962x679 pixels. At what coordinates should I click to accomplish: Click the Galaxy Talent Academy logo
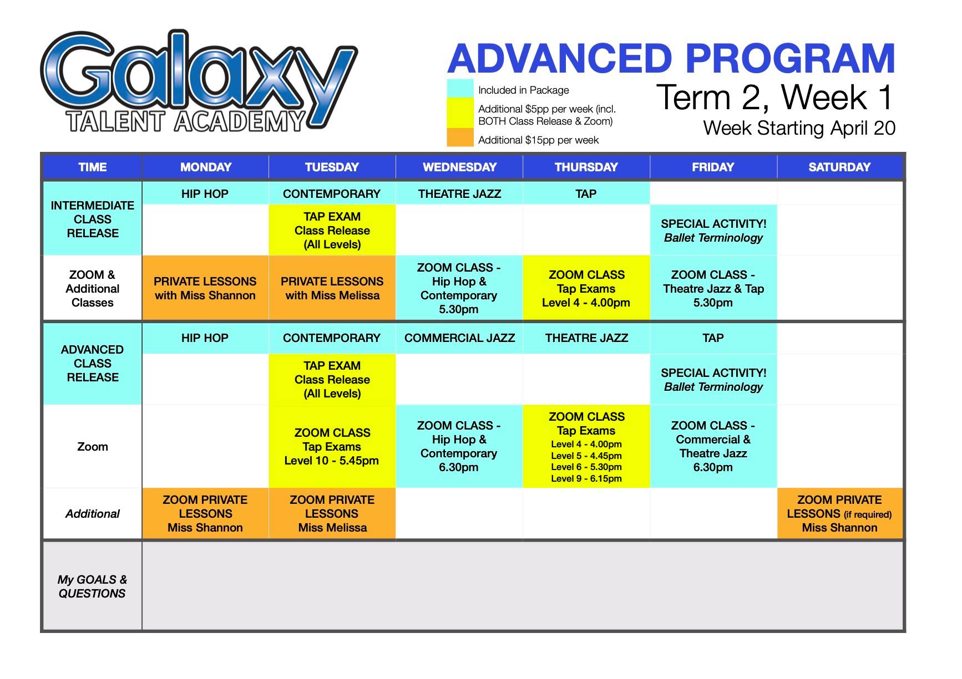(199, 81)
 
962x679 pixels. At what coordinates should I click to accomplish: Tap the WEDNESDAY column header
(459, 167)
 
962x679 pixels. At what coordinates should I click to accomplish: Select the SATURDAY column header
(839, 167)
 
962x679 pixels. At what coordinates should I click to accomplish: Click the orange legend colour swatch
(460, 138)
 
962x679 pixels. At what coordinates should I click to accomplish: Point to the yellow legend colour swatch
(460, 114)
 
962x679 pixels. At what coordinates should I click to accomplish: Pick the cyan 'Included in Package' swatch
(460, 89)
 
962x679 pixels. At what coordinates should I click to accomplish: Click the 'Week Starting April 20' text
(799, 128)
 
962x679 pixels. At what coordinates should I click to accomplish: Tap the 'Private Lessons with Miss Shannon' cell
(205, 288)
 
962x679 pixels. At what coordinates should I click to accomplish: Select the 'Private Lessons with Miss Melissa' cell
(332, 288)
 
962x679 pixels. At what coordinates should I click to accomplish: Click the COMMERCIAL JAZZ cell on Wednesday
(459, 338)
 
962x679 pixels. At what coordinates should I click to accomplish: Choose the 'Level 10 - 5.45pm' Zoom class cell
(332, 446)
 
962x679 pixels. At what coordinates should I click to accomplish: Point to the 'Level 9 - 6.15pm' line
(586, 478)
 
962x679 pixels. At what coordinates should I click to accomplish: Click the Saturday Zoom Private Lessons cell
(839, 514)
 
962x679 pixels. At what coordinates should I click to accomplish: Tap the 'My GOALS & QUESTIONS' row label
(92, 586)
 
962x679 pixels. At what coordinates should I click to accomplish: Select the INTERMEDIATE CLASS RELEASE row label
(93, 219)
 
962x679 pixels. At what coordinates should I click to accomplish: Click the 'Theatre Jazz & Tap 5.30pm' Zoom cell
(713, 288)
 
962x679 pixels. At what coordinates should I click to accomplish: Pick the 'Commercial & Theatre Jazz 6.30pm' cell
(713, 446)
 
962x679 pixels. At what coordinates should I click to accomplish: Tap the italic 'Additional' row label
(92, 514)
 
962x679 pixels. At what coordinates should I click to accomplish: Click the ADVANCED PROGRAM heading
(671, 59)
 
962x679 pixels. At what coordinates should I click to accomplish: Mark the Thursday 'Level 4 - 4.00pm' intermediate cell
(586, 288)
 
